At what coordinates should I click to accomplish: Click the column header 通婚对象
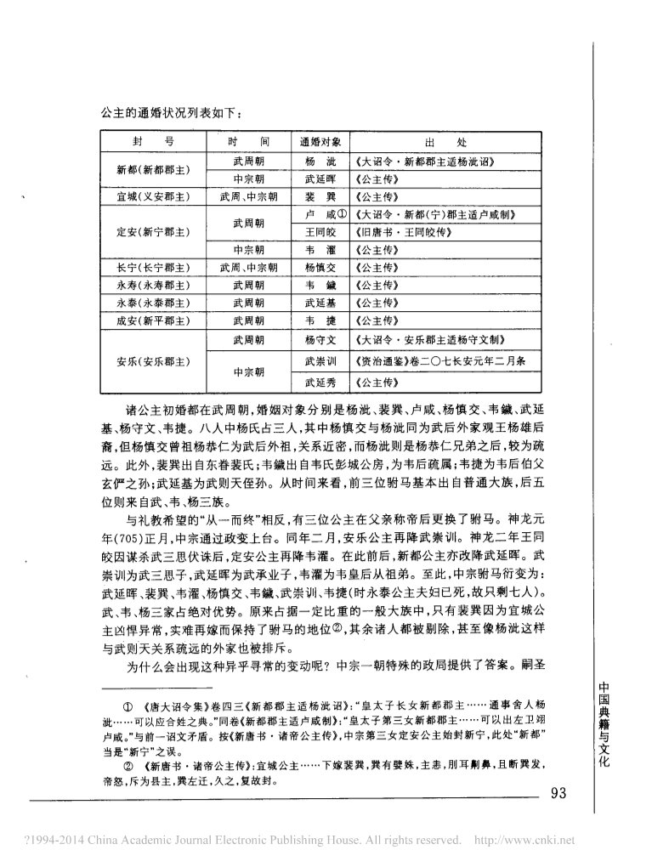click(x=320, y=142)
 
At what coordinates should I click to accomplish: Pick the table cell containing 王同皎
click(x=320, y=232)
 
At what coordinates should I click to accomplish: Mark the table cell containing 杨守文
click(x=320, y=341)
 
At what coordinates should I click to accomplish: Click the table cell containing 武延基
click(x=320, y=302)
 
